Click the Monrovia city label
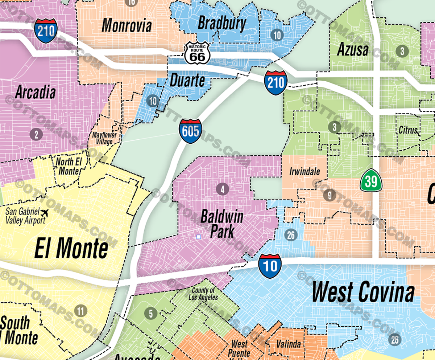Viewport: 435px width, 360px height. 126,25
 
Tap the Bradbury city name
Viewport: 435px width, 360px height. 222,23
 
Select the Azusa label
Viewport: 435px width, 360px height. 353,50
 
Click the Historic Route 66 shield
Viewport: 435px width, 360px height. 197,53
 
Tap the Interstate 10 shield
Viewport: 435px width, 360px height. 270,266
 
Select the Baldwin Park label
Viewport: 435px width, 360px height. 217,224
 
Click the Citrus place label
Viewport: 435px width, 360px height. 408,130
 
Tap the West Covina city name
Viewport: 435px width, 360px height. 363,292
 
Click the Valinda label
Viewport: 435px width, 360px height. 289,343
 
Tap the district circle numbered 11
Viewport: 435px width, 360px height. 80,311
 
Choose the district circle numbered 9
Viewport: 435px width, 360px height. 330,196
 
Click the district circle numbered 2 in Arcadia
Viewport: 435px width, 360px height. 36,135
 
